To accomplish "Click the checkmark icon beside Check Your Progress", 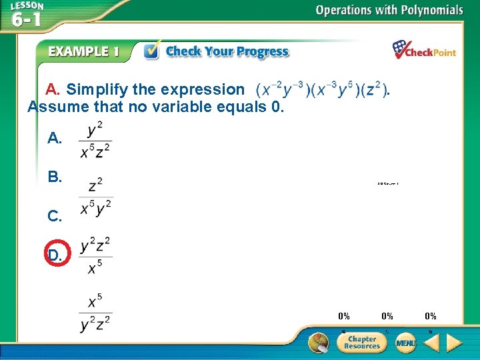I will [152, 51].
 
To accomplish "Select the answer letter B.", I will [55, 177].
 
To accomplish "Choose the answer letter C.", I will [55, 216].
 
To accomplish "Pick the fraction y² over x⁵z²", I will [95, 140].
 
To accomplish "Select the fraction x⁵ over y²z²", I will [95, 313].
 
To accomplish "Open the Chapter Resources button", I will [362, 342].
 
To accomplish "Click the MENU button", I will [405, 343].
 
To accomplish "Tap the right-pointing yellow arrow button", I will [454, 343].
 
